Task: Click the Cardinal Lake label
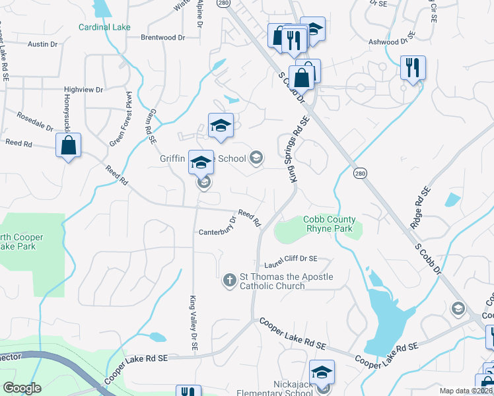(104, 27)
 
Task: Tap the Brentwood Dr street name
(162, 38)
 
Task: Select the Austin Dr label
(44, 44)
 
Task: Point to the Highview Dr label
(84, 89)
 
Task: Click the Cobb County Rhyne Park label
(330, 224)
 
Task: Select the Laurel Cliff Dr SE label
(291, 259)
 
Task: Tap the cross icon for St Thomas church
(230, 280)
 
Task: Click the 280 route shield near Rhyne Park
(359, 173)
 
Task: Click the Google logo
(22, 388)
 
